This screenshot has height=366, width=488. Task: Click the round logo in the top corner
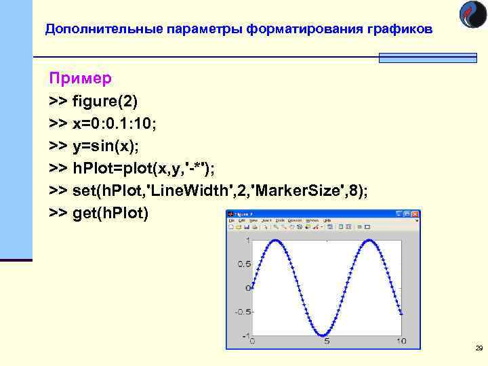pos(472,15)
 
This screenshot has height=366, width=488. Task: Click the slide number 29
pos(479,348)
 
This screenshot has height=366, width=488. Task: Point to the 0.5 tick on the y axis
pos(242,264)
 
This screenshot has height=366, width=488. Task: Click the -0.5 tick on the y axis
pos(240,312)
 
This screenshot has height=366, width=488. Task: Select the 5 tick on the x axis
pos(327,341)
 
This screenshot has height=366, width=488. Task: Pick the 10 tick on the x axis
pos(401,341)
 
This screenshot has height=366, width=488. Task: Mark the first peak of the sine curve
pos(276,241)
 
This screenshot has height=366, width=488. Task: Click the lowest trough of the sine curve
pos(323,336)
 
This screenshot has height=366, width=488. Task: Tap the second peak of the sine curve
pos(369,241)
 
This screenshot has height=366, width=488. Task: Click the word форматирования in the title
pos(296,30)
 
